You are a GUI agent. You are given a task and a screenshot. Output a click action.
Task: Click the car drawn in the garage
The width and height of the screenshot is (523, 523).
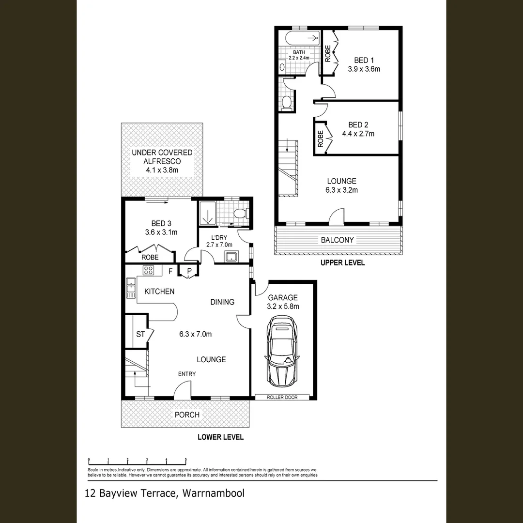[x=283, y=352]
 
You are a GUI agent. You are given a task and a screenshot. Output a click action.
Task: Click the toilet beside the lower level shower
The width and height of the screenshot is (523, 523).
[x=241, y=213]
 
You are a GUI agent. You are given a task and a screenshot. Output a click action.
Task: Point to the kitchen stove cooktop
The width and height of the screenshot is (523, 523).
[x=148, y=271]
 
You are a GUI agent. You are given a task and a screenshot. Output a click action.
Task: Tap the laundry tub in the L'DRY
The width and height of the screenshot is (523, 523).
[x=231, y=256]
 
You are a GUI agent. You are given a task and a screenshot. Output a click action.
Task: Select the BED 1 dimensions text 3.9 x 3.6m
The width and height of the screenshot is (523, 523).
[x=364, y=69]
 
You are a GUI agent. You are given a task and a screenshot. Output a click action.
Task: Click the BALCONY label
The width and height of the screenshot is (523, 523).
[x=337, y=240]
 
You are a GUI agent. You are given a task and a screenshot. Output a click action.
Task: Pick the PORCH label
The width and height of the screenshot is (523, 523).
[x=187, y=415]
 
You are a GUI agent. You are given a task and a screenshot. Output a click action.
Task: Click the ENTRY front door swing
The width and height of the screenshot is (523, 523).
[x=183, y=390]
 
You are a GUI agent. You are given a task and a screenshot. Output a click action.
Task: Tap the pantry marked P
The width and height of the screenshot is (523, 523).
[x=189, y=271]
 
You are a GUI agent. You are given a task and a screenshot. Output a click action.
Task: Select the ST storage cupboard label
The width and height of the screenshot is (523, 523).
[x=140, y=334]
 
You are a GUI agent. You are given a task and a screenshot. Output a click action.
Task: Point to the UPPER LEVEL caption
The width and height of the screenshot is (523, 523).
[x=342, y=263]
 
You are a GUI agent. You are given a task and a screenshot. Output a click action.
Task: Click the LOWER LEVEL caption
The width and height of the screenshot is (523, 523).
[x=220, y=437]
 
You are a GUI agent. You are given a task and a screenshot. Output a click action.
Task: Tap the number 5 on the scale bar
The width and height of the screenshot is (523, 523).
[x=185, y=461]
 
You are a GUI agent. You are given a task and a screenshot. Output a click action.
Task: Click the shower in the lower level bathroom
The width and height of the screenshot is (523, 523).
[x=207, y=213]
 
